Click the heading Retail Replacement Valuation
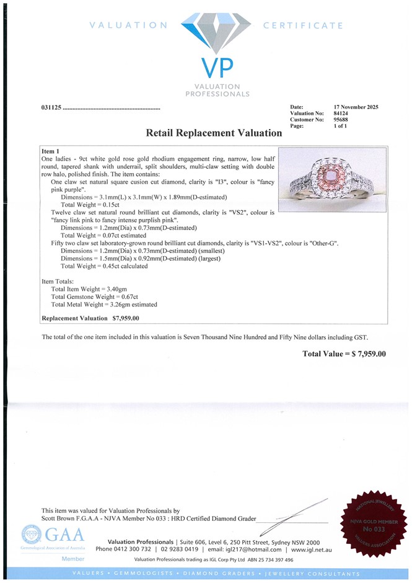pos(214,133)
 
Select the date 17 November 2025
pos(356,107)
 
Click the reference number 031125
pos(51,109)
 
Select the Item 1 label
pos(50,151)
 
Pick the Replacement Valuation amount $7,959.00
pos(126,318)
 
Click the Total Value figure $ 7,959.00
pos(366,354)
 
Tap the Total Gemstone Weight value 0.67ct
pos(124,297)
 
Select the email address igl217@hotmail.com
pos(253,550)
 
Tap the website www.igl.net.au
pos(311,550)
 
